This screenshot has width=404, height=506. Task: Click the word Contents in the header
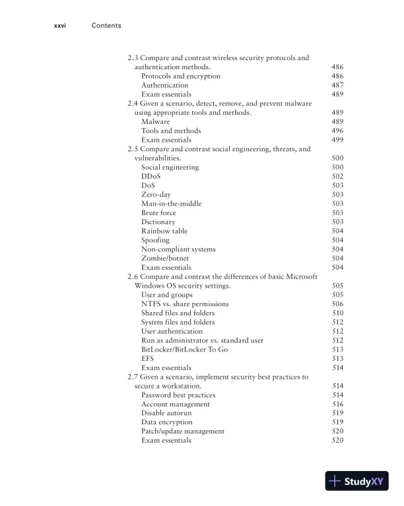tap(106, 26)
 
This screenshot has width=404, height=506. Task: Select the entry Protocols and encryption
tap(181, 77)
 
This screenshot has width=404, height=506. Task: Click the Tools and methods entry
tap(171, 131)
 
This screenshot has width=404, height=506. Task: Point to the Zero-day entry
tap(156, 195)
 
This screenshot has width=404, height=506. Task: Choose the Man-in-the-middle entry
tap(172, 204)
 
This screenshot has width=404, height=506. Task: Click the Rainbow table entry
tap(164, 231)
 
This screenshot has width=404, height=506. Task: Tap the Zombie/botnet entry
tap(165, 259)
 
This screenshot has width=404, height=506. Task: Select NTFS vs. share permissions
tap(185, 304)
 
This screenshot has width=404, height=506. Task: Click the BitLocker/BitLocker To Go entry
tap(184, 350)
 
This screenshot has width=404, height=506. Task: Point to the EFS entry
tap(148, 358)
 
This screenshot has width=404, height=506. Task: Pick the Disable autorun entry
tap(166, 413)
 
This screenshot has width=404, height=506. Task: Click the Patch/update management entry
tap(183, 431)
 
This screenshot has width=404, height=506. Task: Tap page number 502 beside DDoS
tap(337, 177)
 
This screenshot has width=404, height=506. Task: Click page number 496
tap(337, 131)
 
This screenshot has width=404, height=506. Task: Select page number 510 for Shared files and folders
tap(337, 313)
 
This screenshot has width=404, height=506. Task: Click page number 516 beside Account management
tap(337, 404)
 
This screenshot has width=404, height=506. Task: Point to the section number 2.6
tap(133, 276)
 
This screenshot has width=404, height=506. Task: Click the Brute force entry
tap(158, 213)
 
